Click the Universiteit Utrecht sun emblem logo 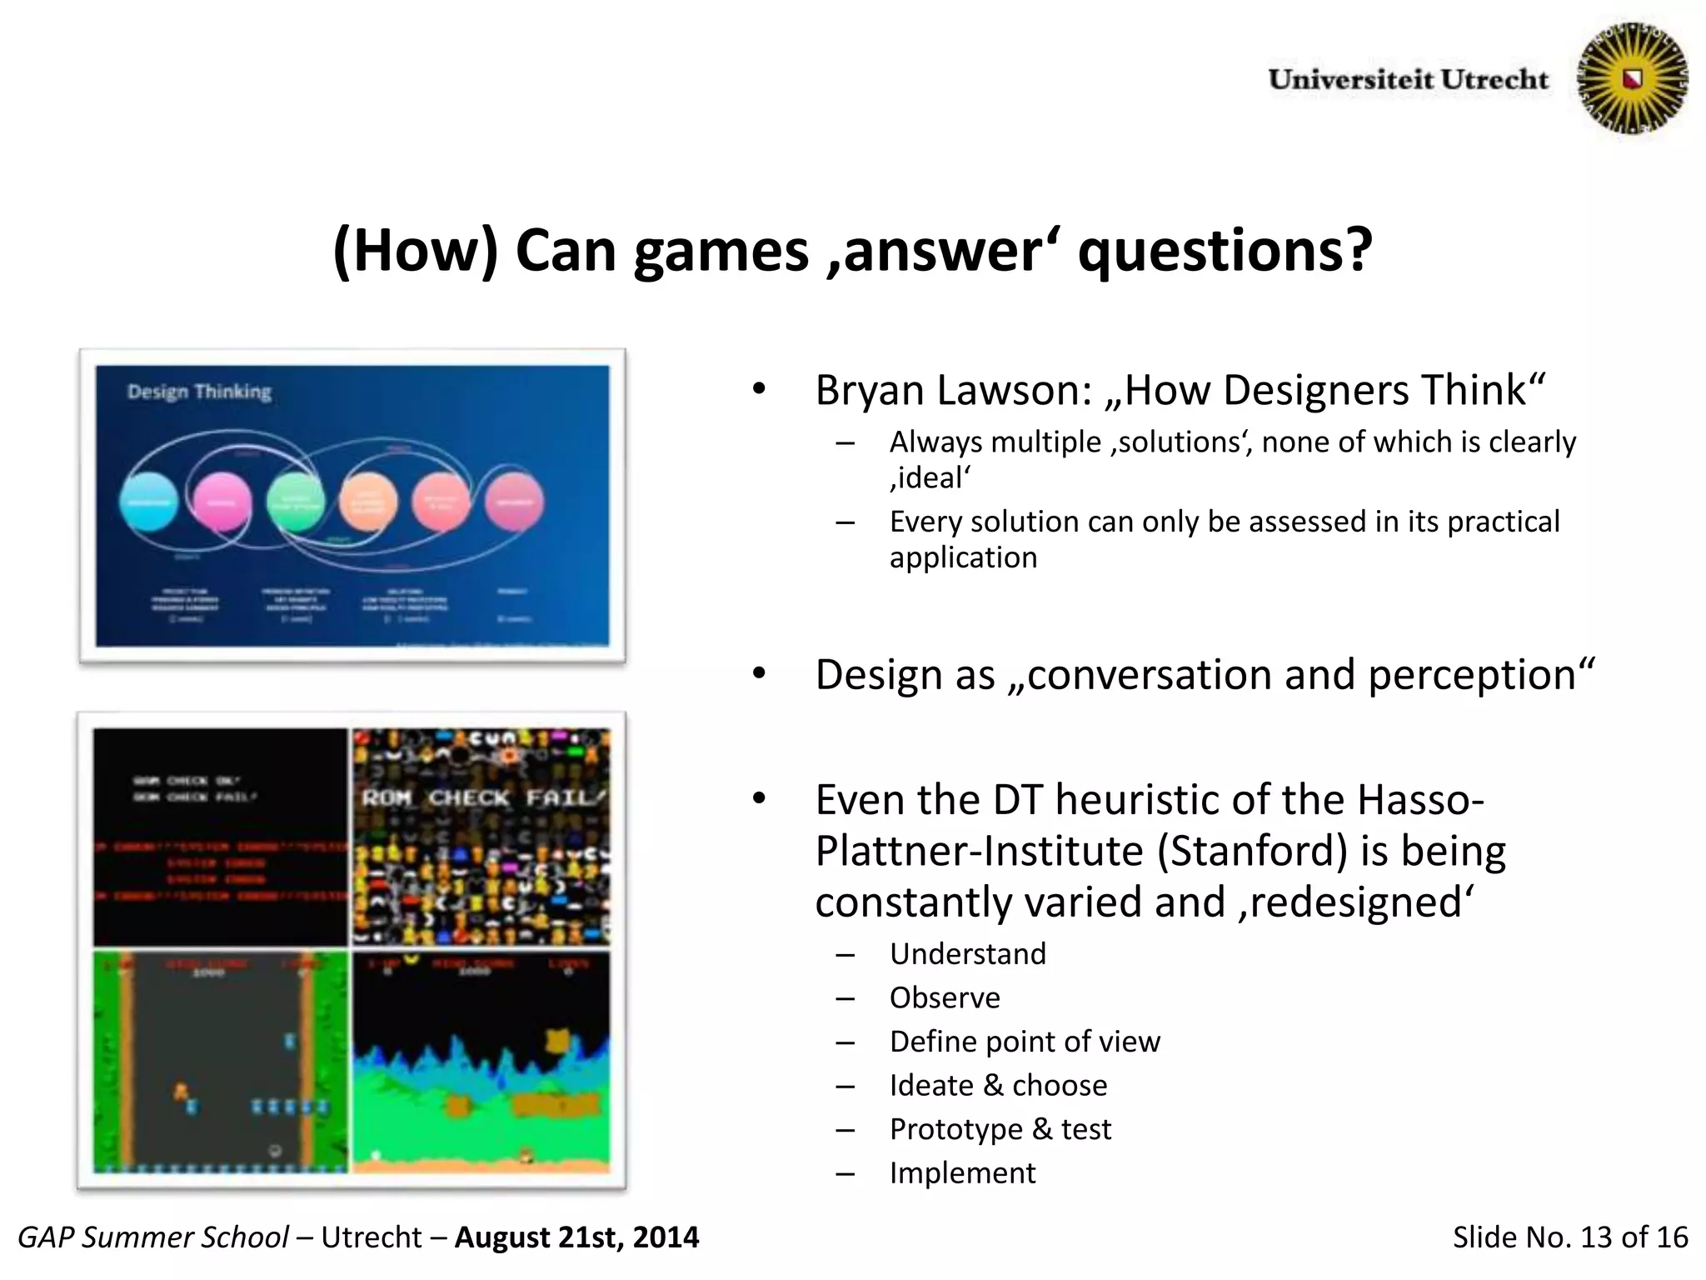1633,78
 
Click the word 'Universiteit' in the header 1350,80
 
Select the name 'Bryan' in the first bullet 870,390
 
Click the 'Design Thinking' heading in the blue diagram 199,392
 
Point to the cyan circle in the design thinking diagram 149,502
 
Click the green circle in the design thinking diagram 295,502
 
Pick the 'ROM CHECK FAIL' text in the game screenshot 481,797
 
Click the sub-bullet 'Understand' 967,953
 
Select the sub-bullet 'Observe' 945,997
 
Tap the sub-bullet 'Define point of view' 1024,1041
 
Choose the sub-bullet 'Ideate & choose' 998,1085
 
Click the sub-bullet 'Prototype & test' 1000,1128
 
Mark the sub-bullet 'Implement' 962,1172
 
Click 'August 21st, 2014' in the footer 576,1237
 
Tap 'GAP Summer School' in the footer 153,1237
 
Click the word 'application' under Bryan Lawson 963,557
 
